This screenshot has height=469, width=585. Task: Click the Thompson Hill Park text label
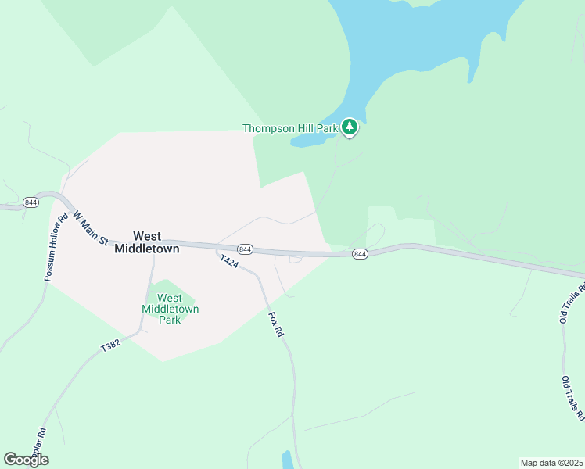289,128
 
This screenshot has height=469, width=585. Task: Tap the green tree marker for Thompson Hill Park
350,127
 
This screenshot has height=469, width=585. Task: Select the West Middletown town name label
147,242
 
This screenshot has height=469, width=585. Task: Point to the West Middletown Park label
170,309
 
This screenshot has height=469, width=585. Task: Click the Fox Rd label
275,324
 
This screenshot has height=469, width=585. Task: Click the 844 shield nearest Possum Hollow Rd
31,202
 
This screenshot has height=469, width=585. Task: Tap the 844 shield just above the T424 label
246,249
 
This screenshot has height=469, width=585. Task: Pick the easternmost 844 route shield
359,254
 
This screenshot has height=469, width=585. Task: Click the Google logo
26,460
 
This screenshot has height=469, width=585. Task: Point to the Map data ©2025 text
551,463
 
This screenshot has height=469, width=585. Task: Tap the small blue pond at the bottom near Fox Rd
287,460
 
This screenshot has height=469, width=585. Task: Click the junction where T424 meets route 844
217,249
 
